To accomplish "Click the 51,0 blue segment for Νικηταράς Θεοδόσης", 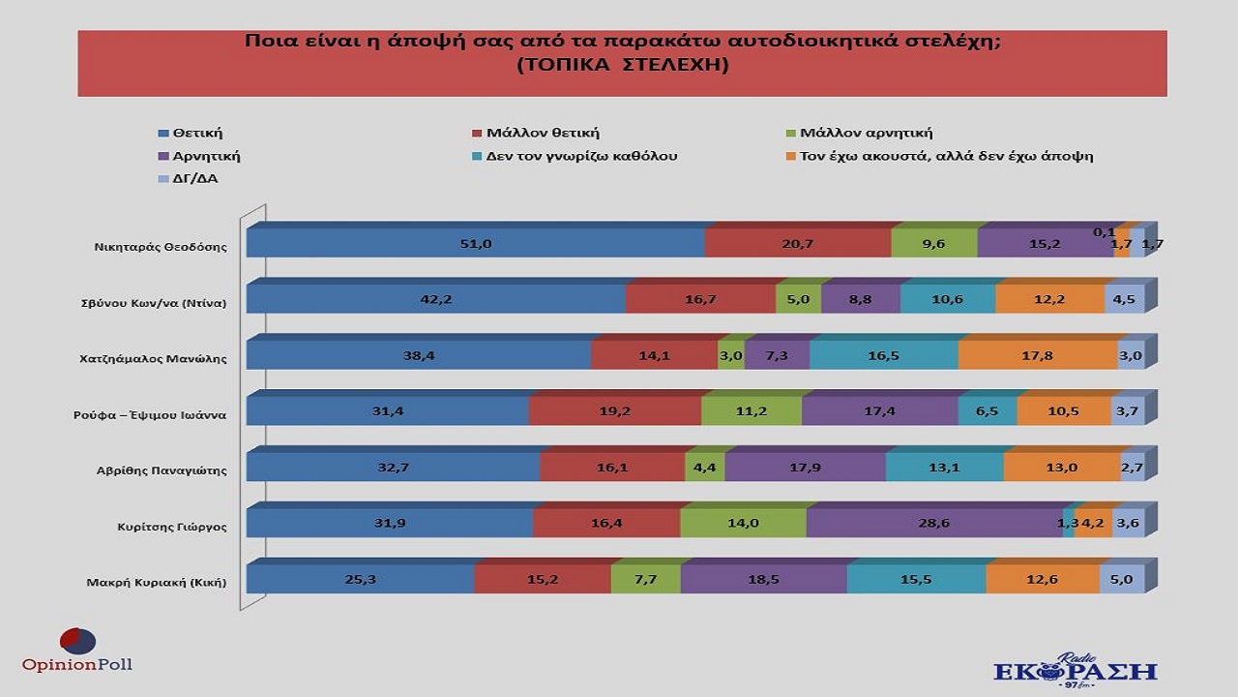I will point(475,244).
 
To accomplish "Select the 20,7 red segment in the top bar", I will point(797,244).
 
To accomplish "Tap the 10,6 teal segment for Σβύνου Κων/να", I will point(947,300).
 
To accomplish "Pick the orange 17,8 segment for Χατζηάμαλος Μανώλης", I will point(1037,356).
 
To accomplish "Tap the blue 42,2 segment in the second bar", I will point(435,300).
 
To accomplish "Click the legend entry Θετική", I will point(197,134).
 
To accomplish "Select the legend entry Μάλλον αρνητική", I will point(865,134).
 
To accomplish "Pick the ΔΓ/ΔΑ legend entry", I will point(193,178).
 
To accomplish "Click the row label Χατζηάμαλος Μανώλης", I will point(153,358).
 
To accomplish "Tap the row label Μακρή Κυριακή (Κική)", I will point(156,582).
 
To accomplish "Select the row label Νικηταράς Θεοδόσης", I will point(154,246).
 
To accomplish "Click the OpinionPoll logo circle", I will point(77,641).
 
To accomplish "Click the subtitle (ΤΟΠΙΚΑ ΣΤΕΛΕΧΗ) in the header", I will point(622,66).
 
